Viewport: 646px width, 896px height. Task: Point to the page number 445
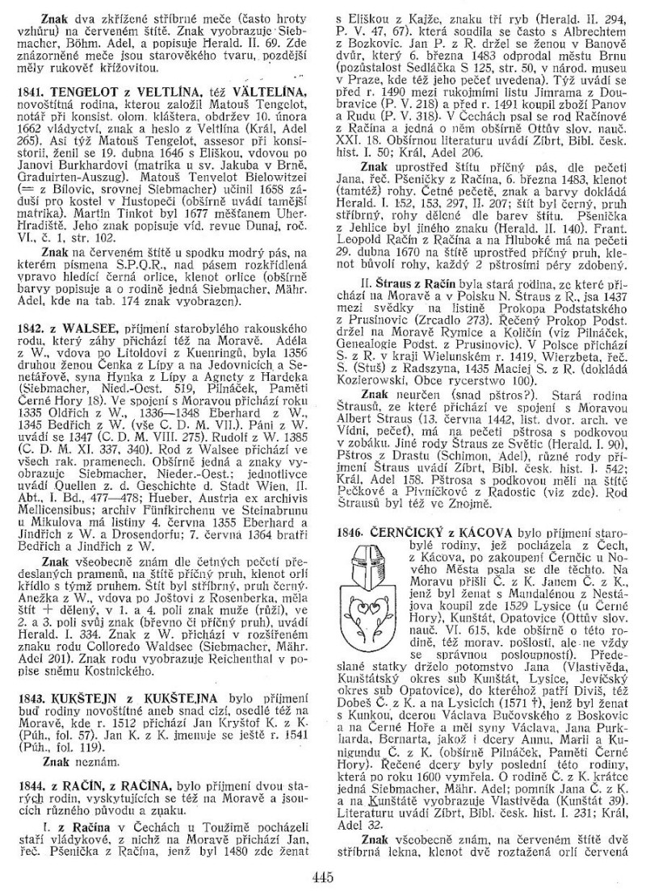(322, 875)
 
